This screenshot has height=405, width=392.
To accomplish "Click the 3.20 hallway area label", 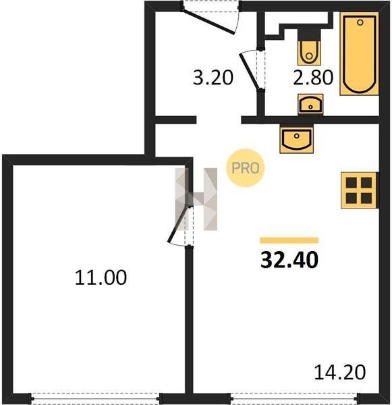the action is tap(213, 78).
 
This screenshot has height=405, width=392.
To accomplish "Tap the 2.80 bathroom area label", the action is tap(313, 78).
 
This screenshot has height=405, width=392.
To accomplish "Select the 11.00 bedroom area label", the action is tap(101, 277).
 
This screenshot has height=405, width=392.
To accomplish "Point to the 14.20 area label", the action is tap(340, 372).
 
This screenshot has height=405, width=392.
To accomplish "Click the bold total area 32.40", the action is tap(289, 260).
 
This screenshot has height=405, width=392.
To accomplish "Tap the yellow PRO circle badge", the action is tap(246, 168).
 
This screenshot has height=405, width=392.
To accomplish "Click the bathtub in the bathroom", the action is tap(359, 54).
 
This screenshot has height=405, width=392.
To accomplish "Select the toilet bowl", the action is tap(309, 53).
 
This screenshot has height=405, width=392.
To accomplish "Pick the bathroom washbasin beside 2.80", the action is tap(310, 104).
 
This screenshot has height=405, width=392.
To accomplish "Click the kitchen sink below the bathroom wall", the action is tap(296, 138).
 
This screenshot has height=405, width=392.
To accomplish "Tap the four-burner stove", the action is tap(360, 190).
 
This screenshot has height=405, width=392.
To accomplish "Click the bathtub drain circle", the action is tap(360, 22).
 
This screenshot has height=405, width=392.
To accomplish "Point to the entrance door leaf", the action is tap(208, 22).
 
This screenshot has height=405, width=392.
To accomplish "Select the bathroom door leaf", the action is tap(249, 72).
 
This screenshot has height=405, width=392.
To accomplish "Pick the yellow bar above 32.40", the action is tap(289, 240).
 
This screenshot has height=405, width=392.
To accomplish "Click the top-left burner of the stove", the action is tap(352, 182).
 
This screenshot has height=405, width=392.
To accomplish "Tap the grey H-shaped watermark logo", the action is tap(196, 199).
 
